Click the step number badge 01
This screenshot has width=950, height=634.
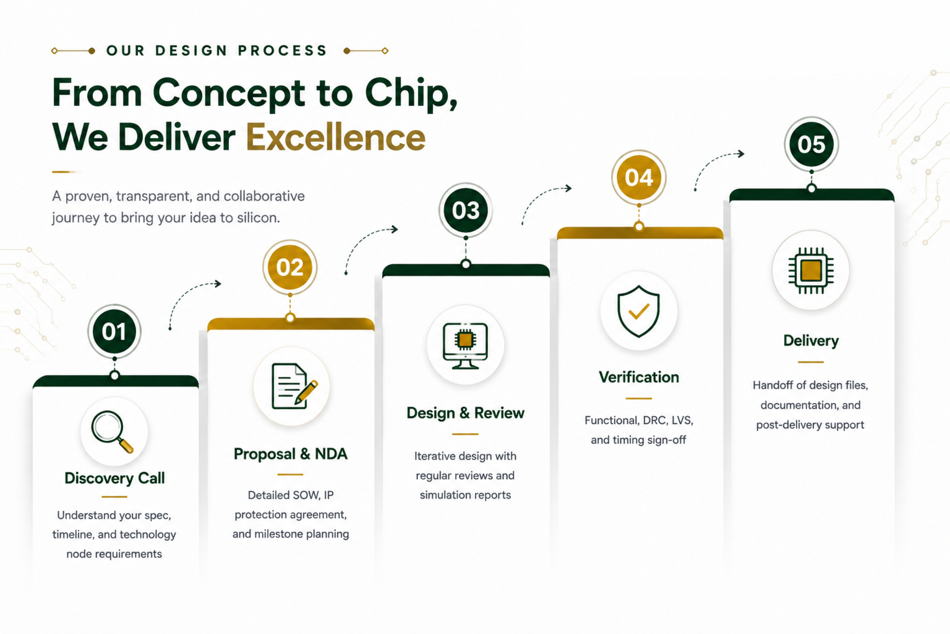coord(114,332)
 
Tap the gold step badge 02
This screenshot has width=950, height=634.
coord(289,267)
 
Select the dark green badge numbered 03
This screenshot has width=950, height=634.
coord(466,210)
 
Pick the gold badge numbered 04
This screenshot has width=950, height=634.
coord(639,178)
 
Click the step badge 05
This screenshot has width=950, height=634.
coord(812,144)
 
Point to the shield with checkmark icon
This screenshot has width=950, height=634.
coord(638,311)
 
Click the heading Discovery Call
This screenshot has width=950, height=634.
coord(115,478)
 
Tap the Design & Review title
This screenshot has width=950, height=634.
coord(465,413)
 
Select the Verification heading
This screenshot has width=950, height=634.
coord(639,377)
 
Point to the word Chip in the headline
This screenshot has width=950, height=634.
coord(411,94)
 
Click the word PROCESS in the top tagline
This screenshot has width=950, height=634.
coord(282,51)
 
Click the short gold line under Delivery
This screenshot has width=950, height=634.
coord(810,362)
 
